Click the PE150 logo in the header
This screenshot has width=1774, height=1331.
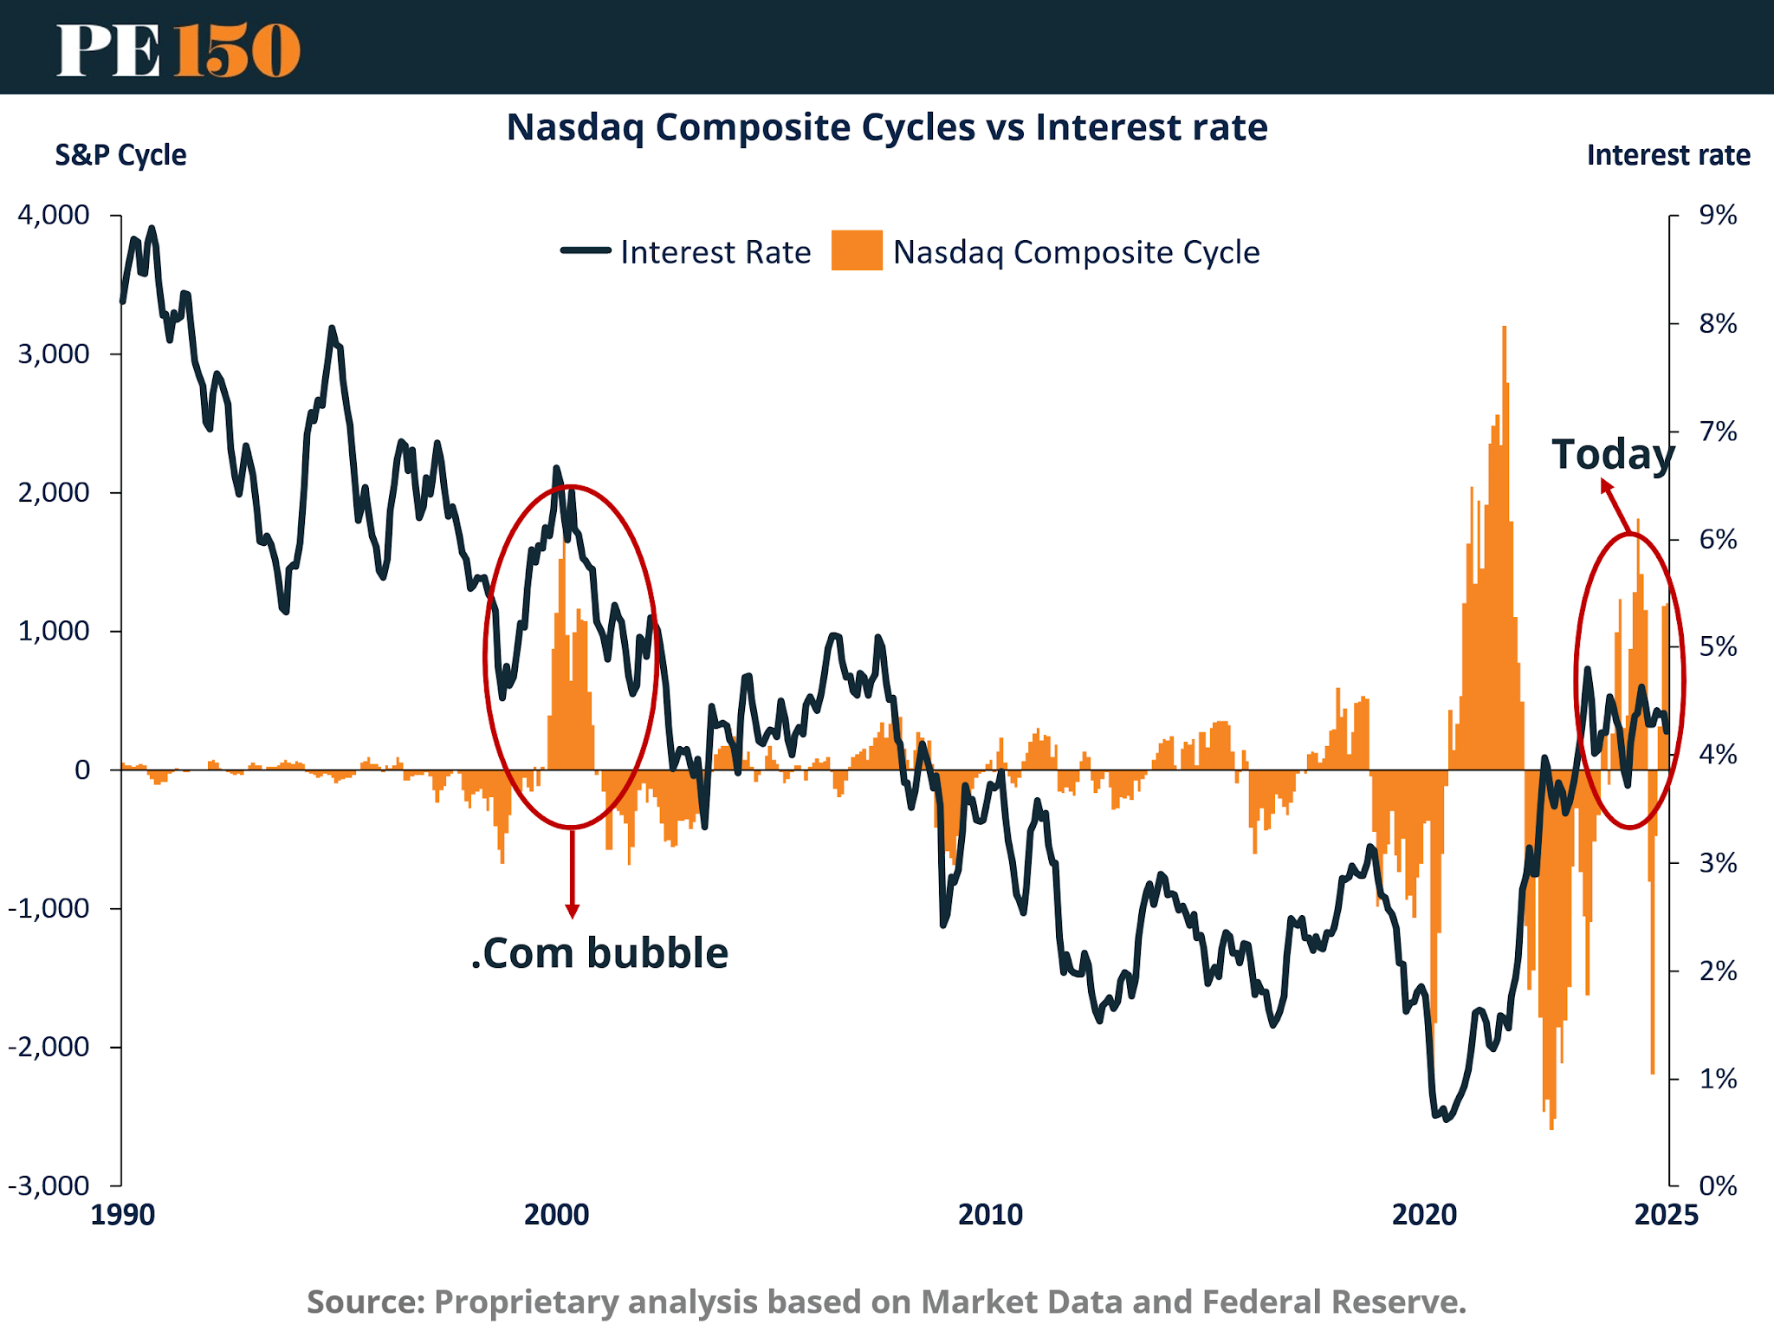178,49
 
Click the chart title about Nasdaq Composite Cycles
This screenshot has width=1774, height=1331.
886,127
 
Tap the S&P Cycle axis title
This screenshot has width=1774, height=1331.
120,155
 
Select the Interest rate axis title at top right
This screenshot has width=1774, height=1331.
1667,155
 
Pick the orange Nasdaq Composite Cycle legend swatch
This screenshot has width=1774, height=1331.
856,250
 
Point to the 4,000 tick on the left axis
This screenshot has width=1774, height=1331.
54,215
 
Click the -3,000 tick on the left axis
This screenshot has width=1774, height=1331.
49,1185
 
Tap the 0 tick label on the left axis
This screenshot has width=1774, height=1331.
82,769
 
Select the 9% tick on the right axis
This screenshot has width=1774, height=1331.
1718,215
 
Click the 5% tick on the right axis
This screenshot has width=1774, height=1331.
1718,646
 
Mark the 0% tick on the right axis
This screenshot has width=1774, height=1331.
1718,1185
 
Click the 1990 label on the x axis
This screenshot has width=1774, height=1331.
123,1214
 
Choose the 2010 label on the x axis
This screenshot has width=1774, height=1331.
990,1214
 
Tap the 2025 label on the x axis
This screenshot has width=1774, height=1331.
1666,1214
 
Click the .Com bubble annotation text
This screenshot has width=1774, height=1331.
599,953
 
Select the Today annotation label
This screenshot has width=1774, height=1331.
1612,455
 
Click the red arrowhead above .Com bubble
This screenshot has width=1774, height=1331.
572,910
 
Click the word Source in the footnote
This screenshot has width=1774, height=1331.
365,1302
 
